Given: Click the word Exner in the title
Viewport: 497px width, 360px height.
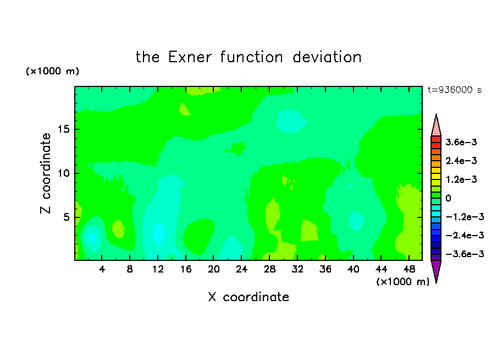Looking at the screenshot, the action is (x=190, y=57).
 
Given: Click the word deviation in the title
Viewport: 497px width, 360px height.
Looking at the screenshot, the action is (x=327, y=57).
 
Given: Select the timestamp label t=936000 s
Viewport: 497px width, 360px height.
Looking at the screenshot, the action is (x=455, y=90).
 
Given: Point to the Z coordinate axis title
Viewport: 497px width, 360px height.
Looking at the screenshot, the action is (x=46, y=173).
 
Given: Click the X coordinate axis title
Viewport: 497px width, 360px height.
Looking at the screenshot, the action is (x=249, y=297).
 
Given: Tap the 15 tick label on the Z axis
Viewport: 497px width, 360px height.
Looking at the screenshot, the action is (x=64, y=129).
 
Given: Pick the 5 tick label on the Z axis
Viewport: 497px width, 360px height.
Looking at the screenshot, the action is (x=67, y=217).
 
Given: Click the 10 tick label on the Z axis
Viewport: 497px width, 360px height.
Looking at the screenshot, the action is (x=64, y=173).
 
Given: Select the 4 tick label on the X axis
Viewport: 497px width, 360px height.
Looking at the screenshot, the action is (x=102, y=270).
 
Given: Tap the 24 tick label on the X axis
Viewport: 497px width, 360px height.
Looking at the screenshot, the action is (x=241, y=270).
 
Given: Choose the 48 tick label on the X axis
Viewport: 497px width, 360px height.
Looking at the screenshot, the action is (x=409, y=270).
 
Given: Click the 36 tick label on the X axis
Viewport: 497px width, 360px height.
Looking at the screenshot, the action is (x=325, y=270).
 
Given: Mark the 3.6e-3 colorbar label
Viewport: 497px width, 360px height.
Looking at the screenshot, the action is (x=461, y=142).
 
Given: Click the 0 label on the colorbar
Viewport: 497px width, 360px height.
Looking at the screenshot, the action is (x=448, y=198).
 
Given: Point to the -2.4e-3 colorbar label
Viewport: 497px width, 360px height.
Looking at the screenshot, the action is (x=465, y=235).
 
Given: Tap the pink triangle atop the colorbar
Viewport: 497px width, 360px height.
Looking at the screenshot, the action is (x=436, y=127).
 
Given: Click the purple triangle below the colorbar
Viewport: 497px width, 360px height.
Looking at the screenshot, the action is (x=436, y=270).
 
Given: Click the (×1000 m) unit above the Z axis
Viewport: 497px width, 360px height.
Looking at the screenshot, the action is (x=52, y=71).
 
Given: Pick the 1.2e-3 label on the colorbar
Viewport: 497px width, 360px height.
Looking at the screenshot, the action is (x=461, y=179).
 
